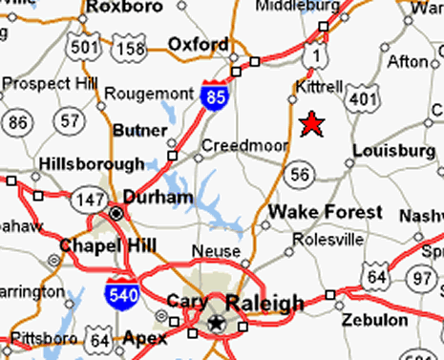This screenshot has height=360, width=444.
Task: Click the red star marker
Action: coord(310,124)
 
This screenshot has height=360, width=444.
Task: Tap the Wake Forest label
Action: coord(326,212)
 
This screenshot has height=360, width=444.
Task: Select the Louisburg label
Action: coord(392,151)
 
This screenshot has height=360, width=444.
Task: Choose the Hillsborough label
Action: coord(92,164)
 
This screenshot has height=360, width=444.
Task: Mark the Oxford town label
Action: coord(198,44)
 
